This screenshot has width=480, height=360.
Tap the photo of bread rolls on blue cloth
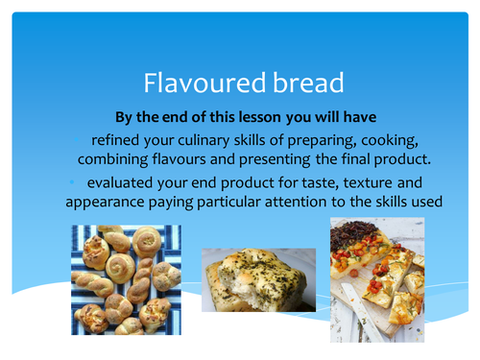tap(126, 279)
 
